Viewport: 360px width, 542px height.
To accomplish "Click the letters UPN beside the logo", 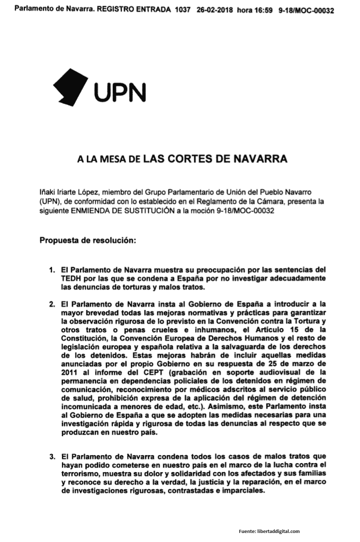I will click(120, 93).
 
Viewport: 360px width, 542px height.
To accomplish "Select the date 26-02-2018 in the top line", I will click(216, 11).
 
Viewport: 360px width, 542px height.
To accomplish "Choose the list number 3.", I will click(51, 455).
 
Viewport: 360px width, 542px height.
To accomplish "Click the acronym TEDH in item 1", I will click(71, 279).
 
